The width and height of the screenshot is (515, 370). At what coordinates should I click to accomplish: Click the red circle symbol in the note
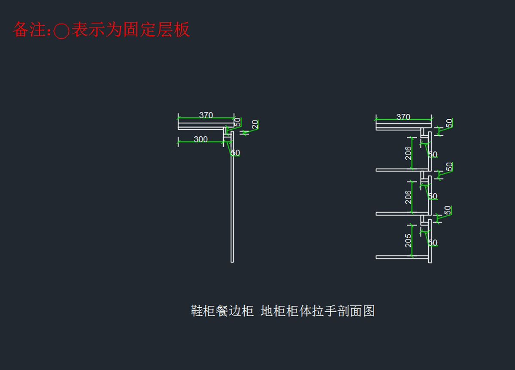(x=61, y=30)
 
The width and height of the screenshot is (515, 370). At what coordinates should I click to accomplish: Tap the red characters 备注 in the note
(x=29, y=30)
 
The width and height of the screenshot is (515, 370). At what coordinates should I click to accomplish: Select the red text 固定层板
(x=157, y=30)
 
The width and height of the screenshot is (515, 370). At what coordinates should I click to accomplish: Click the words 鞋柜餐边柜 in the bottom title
(x=222, y=311)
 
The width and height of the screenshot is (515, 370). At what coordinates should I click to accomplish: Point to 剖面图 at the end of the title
(x=356, y=311)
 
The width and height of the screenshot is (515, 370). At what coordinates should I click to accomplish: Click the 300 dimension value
(x=201, y=139)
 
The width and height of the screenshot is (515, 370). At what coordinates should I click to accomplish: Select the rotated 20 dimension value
(x=255, y=124)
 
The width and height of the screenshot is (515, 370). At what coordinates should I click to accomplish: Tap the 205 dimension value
(x=408, y=240)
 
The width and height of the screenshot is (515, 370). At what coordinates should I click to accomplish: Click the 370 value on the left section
(x=206, y=115)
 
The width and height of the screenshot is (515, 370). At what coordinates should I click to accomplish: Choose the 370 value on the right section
(x=403, y=117)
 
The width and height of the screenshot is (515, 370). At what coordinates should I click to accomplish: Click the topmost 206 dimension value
(x=408, y=153)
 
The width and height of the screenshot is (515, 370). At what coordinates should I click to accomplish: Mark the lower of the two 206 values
(x=408, y=197)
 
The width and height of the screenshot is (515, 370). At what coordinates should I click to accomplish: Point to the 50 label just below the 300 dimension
(x=236, y=153)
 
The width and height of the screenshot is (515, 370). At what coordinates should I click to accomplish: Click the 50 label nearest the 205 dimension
(x=433, y=243)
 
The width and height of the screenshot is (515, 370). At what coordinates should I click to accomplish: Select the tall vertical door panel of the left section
(x=232, y=197)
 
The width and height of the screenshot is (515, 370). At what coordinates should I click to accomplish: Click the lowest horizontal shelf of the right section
(x=402, y=257)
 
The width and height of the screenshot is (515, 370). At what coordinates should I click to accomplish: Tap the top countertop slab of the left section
(x=206, y=125)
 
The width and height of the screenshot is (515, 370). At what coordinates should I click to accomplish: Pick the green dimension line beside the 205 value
(x=412, y=240)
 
